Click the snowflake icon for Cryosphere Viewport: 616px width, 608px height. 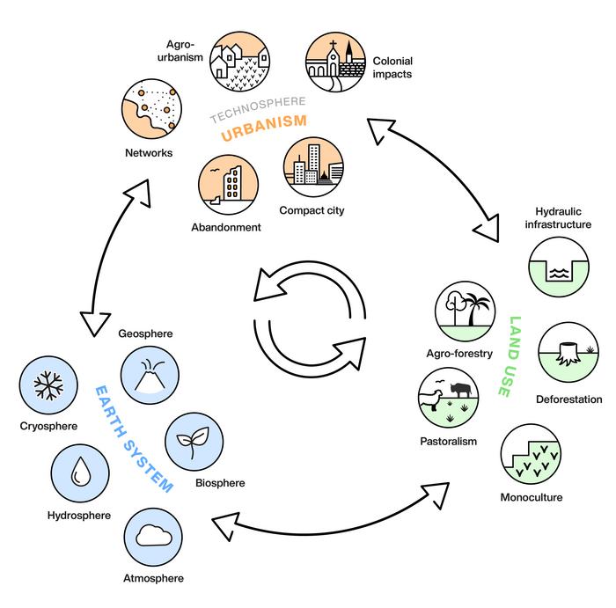pos(49,386)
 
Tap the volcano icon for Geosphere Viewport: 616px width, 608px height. pos(150,372)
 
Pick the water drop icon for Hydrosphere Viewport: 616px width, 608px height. pos(81,474)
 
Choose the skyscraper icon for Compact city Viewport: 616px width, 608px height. pos(312,167)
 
